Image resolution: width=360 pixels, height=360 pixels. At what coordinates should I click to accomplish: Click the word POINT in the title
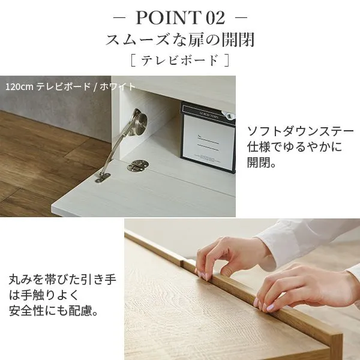(x=168, y=17)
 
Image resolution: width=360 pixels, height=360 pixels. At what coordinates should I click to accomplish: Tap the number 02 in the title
(x=215, y=18)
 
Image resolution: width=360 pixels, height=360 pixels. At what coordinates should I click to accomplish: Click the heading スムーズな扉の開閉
(x=180, y=40)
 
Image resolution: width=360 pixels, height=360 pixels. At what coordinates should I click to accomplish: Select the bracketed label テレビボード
(x=180, y=60)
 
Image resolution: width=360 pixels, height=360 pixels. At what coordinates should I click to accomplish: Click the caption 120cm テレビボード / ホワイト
(x=70, y=87)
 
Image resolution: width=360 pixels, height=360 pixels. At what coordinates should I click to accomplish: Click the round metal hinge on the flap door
(x=137, y=166)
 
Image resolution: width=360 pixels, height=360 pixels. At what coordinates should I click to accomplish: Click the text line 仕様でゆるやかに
(x=295, y=147)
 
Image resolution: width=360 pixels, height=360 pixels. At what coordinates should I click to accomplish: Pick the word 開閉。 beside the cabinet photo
(x=261, y=163)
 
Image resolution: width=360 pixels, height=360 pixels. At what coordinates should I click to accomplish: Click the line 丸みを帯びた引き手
(x=62, y=280)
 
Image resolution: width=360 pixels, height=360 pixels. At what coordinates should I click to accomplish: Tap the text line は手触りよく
(x=44, y=295)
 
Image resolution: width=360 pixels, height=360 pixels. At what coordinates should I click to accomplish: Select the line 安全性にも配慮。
(x=54, y=310)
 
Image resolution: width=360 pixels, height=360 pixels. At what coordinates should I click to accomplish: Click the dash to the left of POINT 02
(x=119, y=17)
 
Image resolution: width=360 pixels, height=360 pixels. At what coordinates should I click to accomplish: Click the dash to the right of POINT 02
(x=242, y=17)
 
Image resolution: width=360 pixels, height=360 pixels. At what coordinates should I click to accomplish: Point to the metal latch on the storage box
(x=229, y=115)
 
